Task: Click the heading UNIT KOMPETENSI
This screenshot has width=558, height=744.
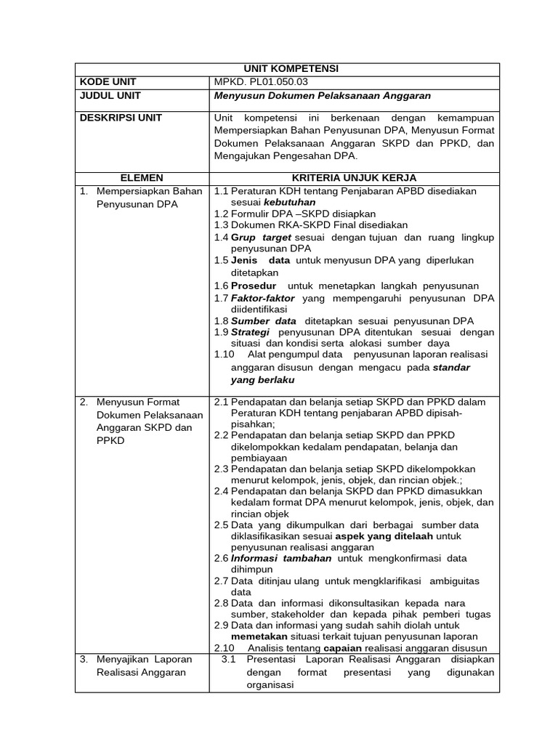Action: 287,69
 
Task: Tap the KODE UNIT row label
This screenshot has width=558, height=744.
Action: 108,82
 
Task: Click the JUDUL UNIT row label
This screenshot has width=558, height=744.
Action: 110,95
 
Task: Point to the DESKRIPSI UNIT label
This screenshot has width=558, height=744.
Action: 121,118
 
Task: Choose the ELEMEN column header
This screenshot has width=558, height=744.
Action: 142,178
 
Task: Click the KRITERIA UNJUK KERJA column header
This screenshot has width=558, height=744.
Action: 354,178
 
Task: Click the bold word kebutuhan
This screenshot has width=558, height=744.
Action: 289,202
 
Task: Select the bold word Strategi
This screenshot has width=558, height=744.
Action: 250,332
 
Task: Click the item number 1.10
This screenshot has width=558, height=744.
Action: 225,355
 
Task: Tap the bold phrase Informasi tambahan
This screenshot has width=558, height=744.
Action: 281,558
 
